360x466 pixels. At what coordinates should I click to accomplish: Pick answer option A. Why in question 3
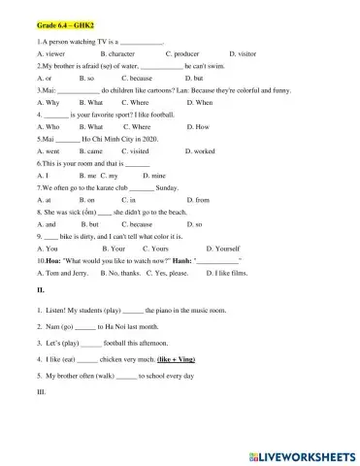48,102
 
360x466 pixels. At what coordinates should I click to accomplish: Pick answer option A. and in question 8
46,223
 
